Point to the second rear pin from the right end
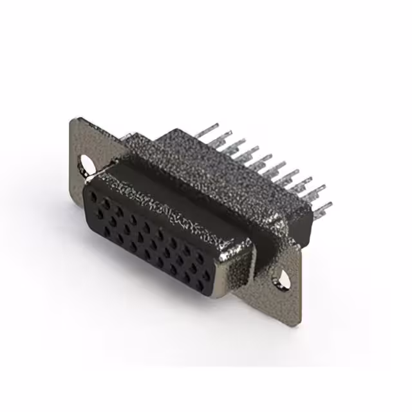pyautogui.click(x=318, y=191)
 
